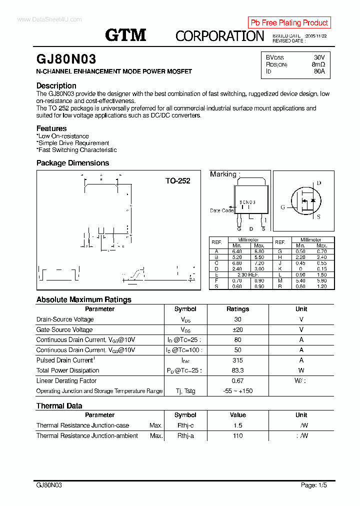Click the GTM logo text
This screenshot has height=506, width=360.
tap(125, 35)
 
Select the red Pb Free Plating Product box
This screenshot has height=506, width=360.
tap(289, 22)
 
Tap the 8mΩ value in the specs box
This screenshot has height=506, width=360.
tap(318, 64)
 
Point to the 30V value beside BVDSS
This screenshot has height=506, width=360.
tap(319, 57)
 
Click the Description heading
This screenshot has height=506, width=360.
tap(56, 85)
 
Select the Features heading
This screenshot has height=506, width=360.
tap(51, 128)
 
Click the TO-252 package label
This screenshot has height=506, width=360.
tap(177, 181)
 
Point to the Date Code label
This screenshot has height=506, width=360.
tap(221, 210)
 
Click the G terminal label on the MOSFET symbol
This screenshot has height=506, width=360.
tap(282, 207)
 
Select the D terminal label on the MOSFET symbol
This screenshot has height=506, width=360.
tap(319, 183)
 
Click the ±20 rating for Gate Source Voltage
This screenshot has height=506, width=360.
tap(237, 330)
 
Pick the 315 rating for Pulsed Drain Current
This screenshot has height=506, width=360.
tap(237, 360)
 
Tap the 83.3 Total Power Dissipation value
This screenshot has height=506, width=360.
tap(237, 370)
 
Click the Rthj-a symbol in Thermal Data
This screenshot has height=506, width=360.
tap(185, 436)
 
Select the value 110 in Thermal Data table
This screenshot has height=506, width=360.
tap(237, 436)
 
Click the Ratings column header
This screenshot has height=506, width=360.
tap(237, 309)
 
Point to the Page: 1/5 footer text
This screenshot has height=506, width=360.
tap(313, 485)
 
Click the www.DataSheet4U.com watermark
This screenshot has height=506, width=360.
tap(49, 19)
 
